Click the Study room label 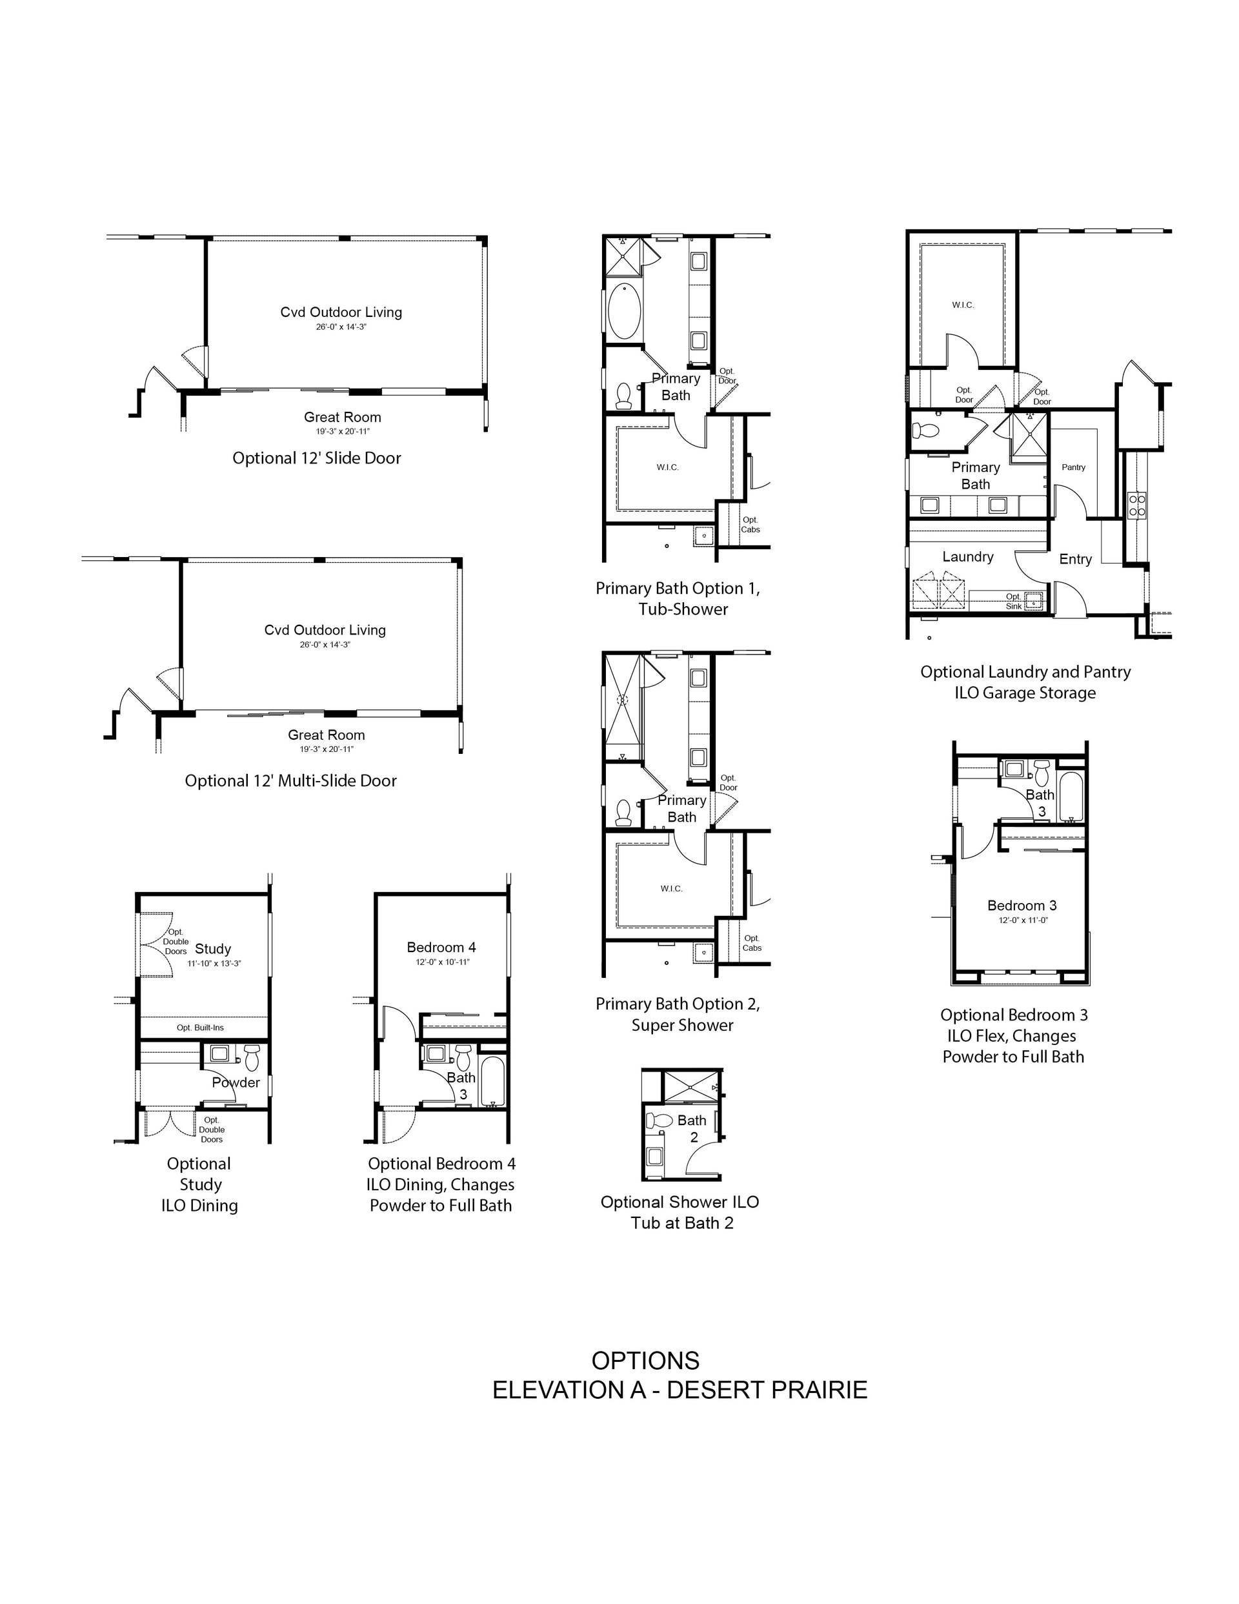click(213, 949)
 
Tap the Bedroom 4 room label click(441, 948)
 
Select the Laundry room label click(968, 556)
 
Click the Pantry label click(1074, 467)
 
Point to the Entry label click(1075, 559)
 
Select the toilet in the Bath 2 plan click(660, 1121)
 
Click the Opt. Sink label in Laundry click(1014, 601)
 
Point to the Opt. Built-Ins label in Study click(201, 1028)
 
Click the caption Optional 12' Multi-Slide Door click(291, 781)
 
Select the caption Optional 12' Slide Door click(317, 458)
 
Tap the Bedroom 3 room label click(1022, 906)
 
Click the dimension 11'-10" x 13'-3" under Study click(214, 963)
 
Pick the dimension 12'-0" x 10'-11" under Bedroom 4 click(442, 961)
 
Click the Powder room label click(236, 1082)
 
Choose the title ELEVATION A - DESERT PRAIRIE click(680, 1390)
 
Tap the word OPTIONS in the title click(645, 1360)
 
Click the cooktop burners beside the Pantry click(1136, 505)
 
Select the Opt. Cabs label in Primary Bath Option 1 click(750, 524)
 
